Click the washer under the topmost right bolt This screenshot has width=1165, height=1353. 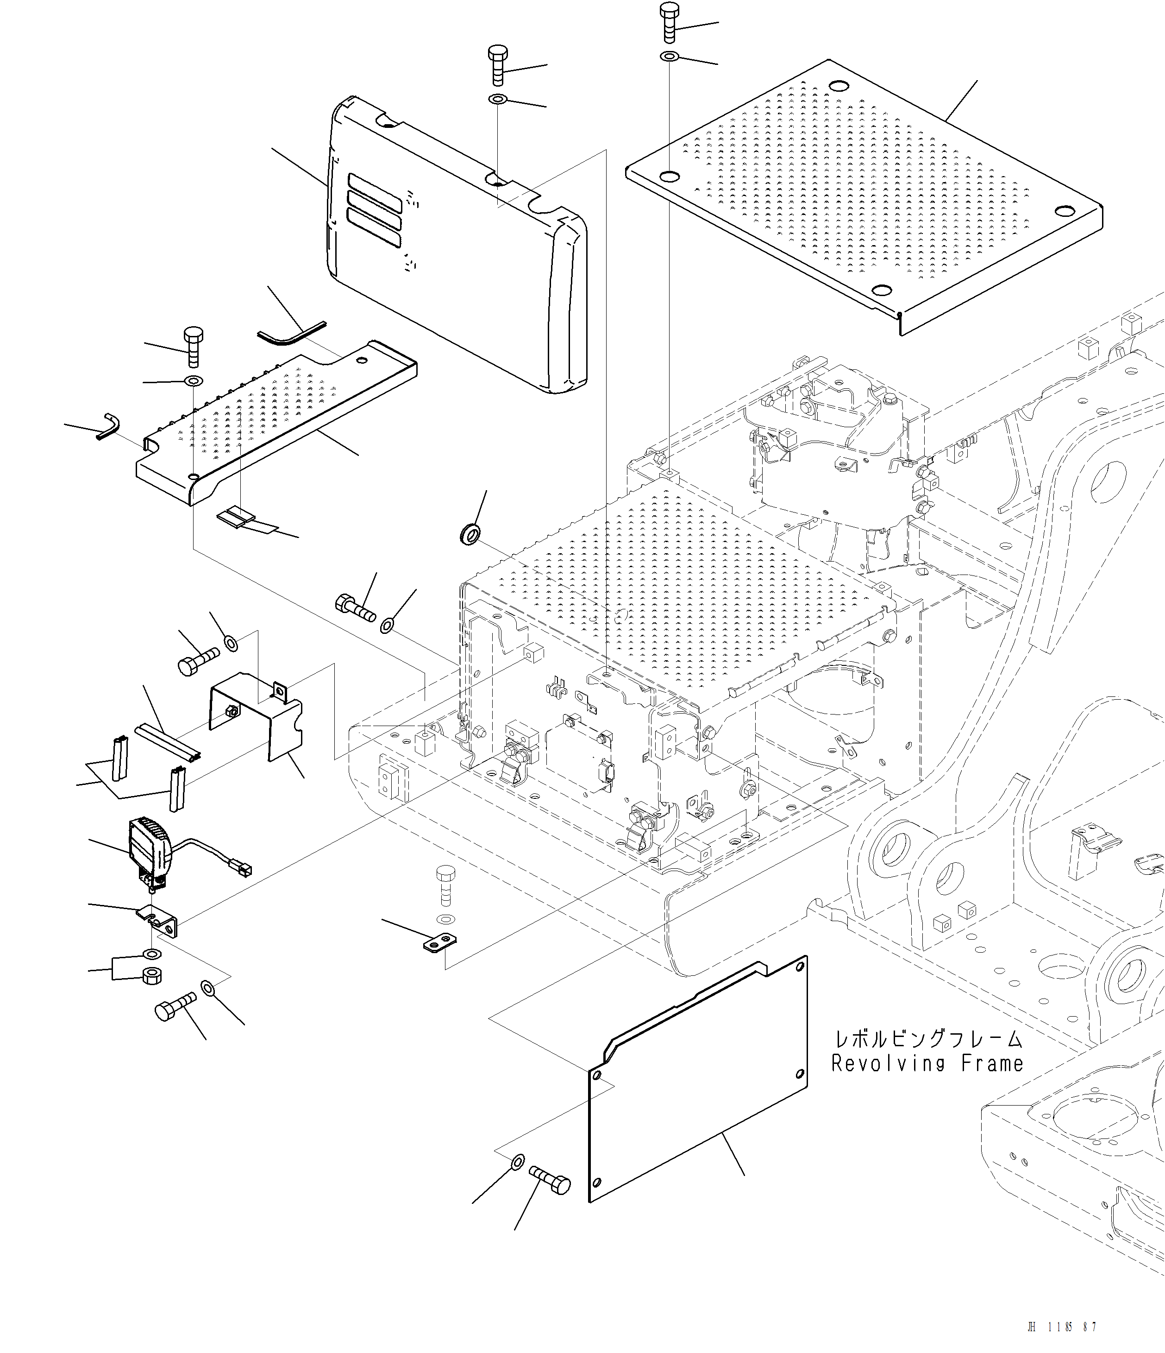point(670,57)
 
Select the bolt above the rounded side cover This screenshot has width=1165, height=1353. point(498,65)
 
